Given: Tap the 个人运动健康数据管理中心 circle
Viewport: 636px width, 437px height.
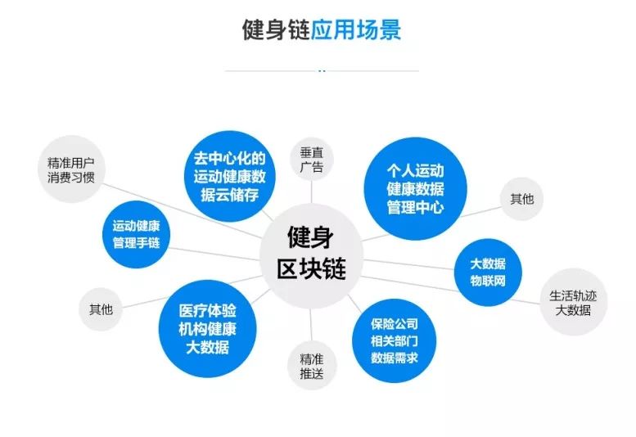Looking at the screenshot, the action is [x=415, y=187].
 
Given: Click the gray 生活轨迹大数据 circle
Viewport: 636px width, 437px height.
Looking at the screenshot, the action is [x=573, y=303].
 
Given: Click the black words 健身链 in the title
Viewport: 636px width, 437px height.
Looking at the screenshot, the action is [x=276, y=30].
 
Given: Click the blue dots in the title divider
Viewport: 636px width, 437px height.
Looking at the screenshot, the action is [x=322, y=70].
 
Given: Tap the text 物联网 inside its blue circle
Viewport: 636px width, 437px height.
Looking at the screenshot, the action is [x=488, y=282].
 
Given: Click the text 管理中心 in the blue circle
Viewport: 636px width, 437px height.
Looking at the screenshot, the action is [x=415, y=207].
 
